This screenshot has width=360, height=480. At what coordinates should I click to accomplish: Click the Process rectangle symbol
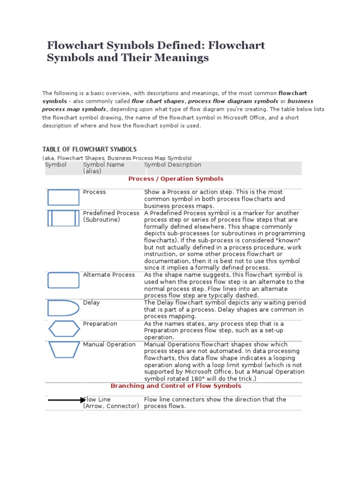coord(63,197)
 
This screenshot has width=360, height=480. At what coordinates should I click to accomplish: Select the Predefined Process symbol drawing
coord(63,218)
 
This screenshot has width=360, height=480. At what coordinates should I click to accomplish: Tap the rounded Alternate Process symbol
coord(63,280)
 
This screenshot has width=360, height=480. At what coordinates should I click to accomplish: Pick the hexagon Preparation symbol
coord(64,329)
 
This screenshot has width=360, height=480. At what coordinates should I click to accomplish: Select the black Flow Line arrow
coord(66,400)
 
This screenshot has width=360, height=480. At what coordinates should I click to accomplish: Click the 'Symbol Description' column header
coord(172,165)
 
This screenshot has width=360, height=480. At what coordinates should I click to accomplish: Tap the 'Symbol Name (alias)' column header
coord(104,168)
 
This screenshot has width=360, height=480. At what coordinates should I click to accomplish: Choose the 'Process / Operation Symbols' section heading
coord(176,179)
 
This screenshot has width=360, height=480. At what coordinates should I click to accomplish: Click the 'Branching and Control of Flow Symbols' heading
coord(176,386)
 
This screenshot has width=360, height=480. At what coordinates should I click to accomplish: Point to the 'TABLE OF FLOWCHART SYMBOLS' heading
coord(89,149)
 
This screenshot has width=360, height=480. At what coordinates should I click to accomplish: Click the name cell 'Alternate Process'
coord(109,275)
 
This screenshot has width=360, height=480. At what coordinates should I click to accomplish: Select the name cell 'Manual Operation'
coord(109,344)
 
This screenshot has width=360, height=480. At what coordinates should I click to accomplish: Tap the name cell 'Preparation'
coord(100,323)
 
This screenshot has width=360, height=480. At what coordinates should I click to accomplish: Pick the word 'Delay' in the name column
coord(91,302)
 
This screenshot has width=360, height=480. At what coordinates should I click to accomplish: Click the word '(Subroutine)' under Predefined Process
coord(102,219)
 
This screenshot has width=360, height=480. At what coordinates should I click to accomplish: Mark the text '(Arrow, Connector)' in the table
coord(111,406)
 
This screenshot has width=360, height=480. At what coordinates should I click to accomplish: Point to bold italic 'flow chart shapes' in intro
coord(158,101)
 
